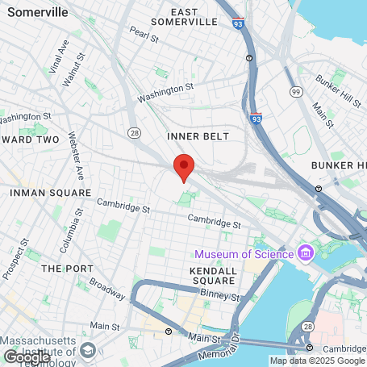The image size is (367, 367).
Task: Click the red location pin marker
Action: [184, 167]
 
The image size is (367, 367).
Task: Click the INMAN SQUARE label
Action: [50, 193]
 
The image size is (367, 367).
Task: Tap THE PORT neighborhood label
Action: [64, 268]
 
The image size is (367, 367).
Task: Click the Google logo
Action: [27, 356]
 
